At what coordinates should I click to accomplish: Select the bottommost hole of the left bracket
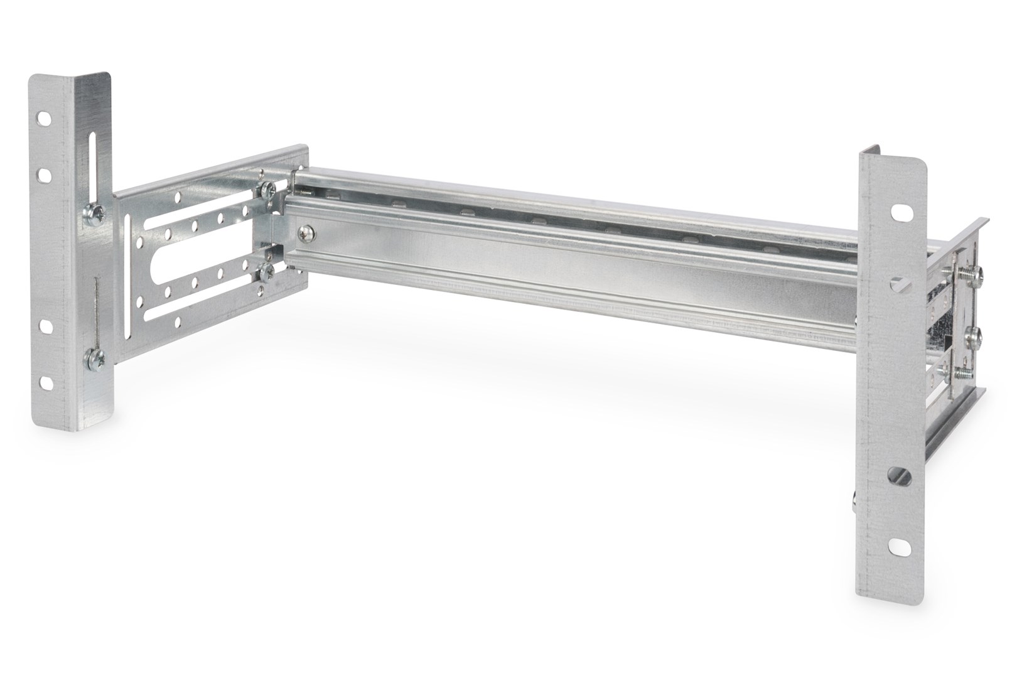pos(45,381)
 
